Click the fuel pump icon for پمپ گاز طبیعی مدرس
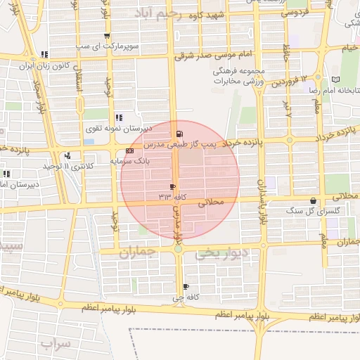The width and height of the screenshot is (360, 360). click(181, 134)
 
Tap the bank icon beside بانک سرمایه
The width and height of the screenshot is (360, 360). click(129, 151)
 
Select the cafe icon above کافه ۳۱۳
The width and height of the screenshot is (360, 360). click(173, 186)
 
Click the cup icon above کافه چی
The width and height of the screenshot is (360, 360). click(186, 286)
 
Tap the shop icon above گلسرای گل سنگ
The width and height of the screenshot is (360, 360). click(313, 200)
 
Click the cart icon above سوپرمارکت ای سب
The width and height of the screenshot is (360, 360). click(107, 36)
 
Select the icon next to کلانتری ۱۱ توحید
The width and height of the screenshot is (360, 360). click(67, 155)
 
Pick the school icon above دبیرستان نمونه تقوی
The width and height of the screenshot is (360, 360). click(118, 117)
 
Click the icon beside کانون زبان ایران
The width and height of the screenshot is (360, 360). click(45, 53)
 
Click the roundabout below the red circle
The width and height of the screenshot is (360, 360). click(179, 248)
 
